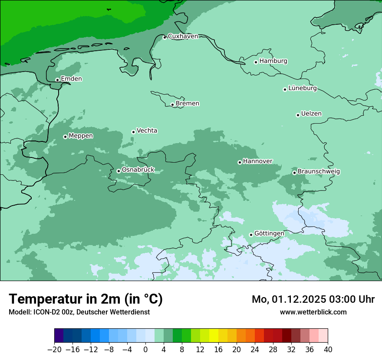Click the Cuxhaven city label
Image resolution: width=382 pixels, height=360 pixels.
183,36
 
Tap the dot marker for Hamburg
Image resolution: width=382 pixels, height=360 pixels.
256,62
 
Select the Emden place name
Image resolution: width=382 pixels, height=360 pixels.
71,79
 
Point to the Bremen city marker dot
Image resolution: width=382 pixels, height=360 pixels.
172,105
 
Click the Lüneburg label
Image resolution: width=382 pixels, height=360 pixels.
302,88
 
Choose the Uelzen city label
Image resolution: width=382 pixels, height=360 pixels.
311,114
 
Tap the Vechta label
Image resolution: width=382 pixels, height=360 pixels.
147,131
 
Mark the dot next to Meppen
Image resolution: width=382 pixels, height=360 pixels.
65,137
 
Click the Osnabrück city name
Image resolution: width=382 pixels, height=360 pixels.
138,170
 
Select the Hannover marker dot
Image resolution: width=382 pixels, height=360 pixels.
240,162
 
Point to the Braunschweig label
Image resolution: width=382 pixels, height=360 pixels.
319,172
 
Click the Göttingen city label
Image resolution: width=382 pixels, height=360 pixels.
269,234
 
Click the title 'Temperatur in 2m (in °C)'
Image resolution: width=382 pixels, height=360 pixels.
86,299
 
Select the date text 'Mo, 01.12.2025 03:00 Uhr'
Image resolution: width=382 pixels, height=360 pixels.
313,299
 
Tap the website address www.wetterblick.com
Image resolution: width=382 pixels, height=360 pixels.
313,312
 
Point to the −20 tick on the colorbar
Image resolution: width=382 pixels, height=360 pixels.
55,350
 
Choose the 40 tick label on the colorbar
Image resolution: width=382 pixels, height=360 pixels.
328,350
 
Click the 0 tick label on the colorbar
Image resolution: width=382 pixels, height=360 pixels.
145,350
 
